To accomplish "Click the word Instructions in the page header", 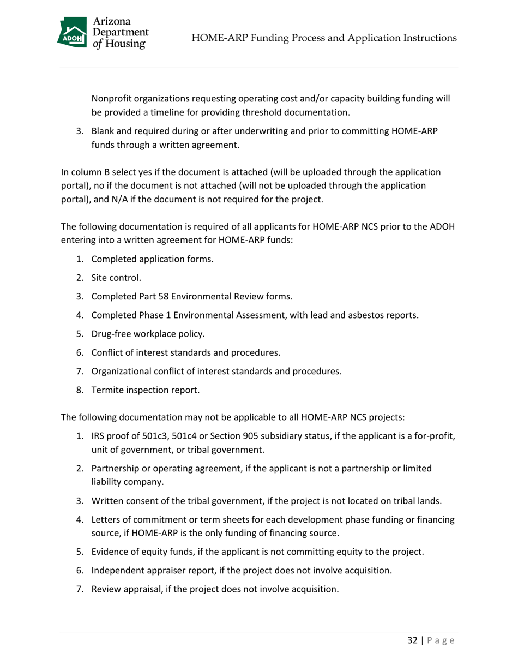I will (x=425, y=38).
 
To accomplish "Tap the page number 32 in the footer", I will (x=412, y=640).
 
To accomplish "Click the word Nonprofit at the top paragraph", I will (x=113, y=99).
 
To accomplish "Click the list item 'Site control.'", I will (x=116, y=278).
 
